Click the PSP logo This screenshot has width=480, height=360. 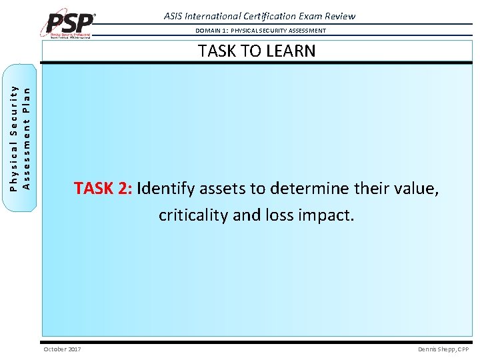point(70,23)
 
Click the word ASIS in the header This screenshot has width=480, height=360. point(175,16)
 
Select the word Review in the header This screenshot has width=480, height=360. point(339,16)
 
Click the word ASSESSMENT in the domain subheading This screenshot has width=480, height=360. point(303,31)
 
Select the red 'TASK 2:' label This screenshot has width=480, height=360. point(103,189)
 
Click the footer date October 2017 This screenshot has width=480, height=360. point(62,349)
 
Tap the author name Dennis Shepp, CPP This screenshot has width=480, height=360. point(443,349)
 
